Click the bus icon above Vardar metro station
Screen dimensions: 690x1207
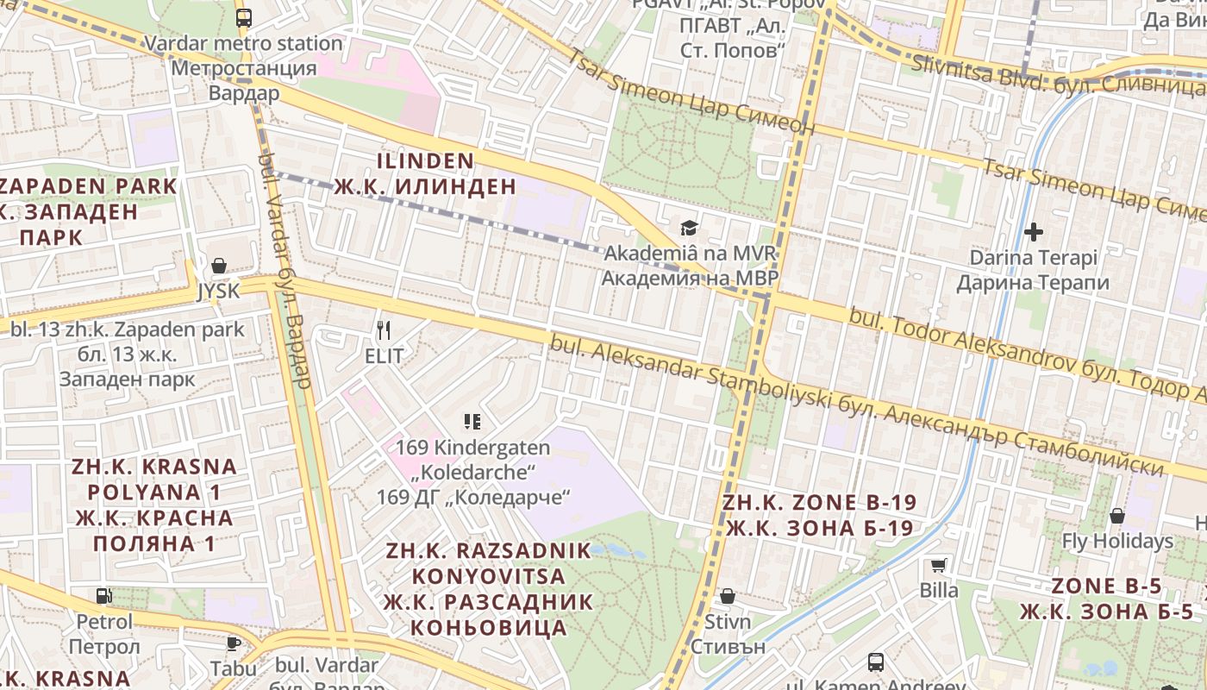click(244, 17)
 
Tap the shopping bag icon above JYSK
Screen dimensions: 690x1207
click(218, 266)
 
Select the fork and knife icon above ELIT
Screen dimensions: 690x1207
click(385, 329)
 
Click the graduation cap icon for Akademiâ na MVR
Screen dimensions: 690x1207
click(689, 228)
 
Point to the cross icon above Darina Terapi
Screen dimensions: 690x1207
click(1033, 231)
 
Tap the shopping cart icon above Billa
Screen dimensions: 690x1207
click(939, 566)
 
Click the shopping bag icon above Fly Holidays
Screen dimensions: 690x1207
click(1116, 516)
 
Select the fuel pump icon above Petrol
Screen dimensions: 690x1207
click(104, 595)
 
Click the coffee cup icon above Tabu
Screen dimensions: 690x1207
click(233, 643)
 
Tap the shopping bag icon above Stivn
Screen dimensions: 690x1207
click(728, 596)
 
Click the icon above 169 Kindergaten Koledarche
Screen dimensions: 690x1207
click(472, 422)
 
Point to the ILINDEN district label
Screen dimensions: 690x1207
click(426, 161)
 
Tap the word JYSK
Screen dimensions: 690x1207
click(219, 292)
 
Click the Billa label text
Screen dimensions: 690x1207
click(939, 591)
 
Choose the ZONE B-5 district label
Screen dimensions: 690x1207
click(1106, 586)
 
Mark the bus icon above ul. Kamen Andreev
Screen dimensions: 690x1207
click(876, 662)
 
